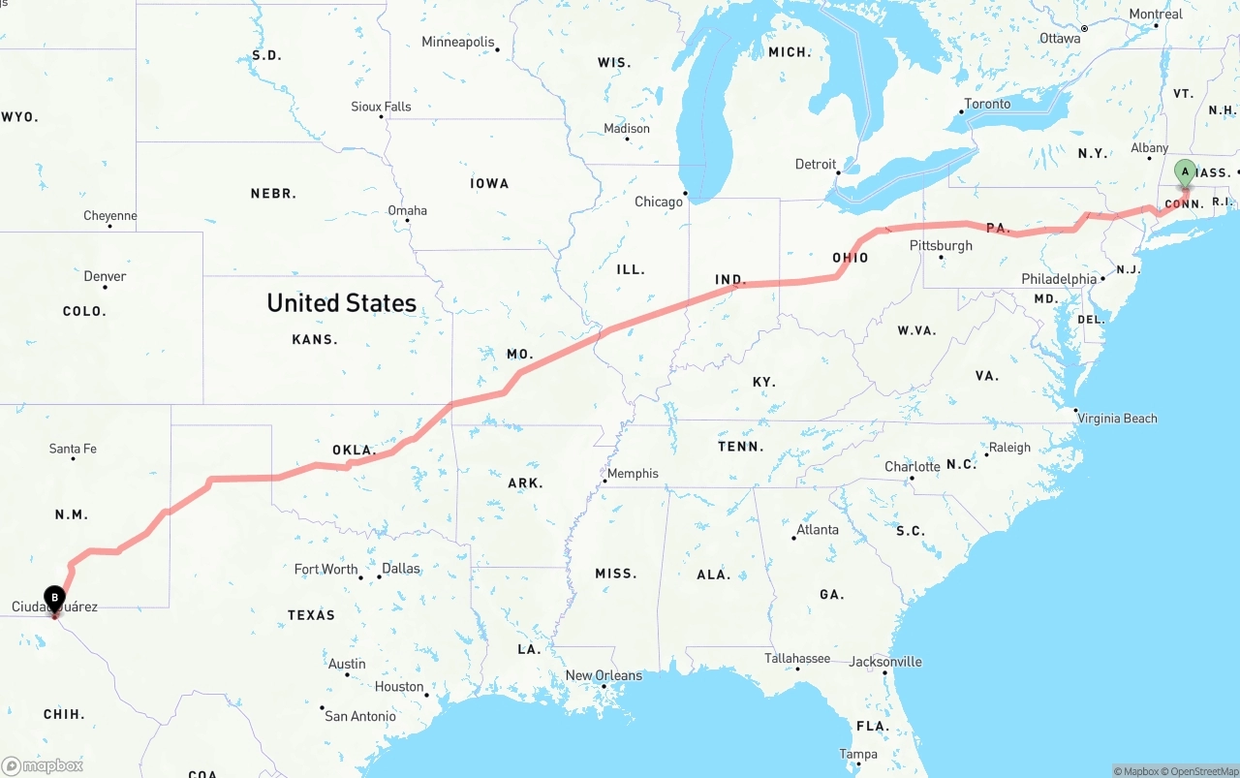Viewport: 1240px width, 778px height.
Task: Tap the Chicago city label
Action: tap(659, 202)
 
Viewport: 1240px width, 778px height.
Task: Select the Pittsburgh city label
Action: tap(941, 245)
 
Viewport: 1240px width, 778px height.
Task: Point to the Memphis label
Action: tap(633, 474)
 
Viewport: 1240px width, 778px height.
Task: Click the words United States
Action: tap(341, 303)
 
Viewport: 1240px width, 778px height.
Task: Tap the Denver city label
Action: tap(105, 276)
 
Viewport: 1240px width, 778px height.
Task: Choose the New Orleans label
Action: tap(604, 675)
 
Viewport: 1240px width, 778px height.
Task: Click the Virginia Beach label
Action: tap(1117, 419)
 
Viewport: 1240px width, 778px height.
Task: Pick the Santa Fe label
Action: tap(73, 449)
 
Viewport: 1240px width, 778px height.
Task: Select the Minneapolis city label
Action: tap(458, 42)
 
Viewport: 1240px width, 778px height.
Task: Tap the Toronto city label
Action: tap(987, 104)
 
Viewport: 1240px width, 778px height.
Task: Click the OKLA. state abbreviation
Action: tap(354, 450)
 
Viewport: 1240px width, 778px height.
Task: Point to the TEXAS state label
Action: tap(311, 615)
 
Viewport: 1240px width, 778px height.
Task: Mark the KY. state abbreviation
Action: tap(764, 382)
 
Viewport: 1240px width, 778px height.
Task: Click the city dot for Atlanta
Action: tap(793, 538)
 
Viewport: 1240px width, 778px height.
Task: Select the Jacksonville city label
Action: tap(885, 662)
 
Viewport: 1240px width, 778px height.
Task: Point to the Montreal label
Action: tap(1156, 14)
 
